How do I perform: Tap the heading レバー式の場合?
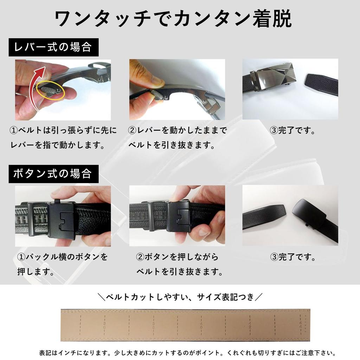coord(53,47)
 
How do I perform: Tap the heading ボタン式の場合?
coord(53,174)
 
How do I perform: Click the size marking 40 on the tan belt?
coord(202,325)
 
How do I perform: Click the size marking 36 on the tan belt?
coord(105,325)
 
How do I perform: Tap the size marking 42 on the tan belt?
coord(250,325)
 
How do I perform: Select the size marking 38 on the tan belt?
coord(154,325)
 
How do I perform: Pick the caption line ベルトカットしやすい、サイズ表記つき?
coord(180,297)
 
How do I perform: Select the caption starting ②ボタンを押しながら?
coord(178,257)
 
